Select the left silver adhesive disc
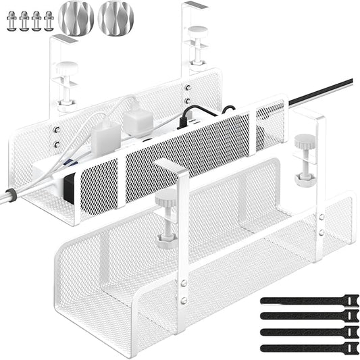(x=76, y=18)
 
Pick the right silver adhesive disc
(x=115, y=18)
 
